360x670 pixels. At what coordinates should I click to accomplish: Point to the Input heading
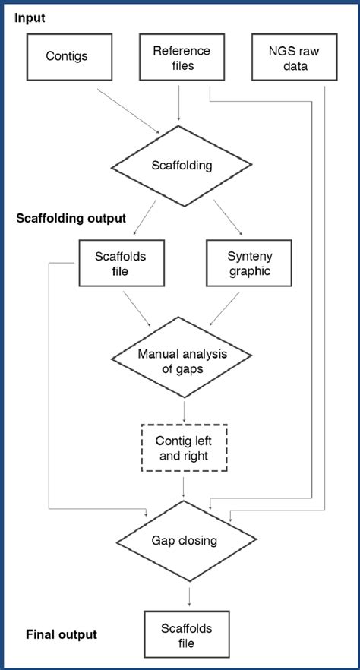coord(30,17)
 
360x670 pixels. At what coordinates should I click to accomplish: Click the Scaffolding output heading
coord(71,218)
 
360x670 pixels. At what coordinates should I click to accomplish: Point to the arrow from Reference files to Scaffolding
coord(179,103)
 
